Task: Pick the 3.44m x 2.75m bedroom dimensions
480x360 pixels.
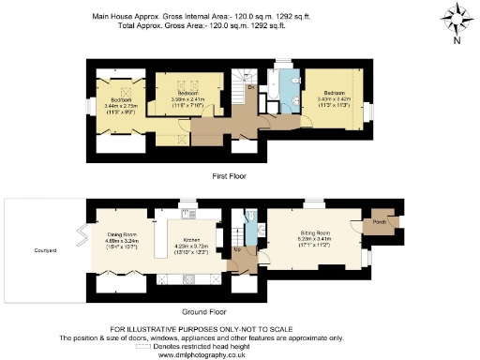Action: point(122,108)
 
